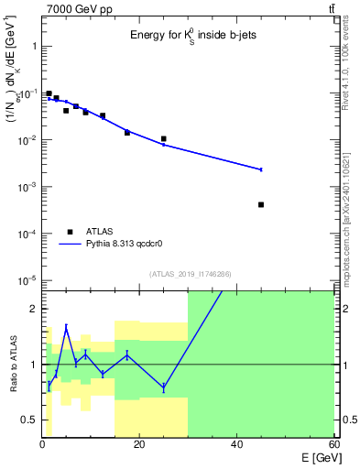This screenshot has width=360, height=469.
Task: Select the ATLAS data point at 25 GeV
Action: click(x=163, y=139)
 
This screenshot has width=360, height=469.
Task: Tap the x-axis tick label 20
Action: click(x=139, y=444)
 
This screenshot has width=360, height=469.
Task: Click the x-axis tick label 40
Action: click(x=236, y=444)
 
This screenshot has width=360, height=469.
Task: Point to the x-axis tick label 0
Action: click(x=42, y=444)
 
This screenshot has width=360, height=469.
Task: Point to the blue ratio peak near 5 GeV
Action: click(x=66, y=327)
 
